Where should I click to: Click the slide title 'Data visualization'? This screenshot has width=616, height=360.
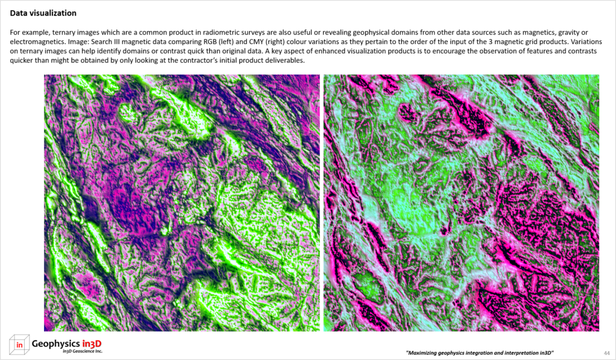pos(43,13)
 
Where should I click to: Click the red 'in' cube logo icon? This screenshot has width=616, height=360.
pos(19,344)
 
